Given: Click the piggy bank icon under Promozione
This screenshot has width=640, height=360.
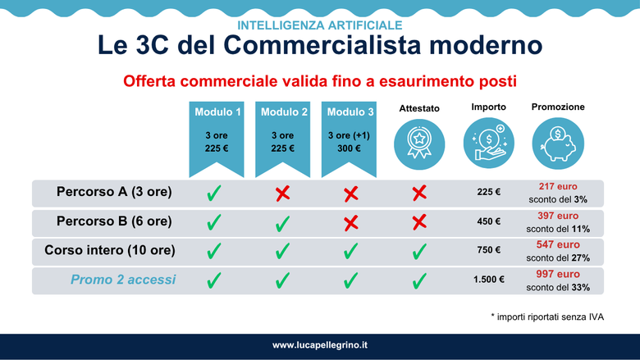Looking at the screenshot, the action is pyautogui.click(x=558, y=144).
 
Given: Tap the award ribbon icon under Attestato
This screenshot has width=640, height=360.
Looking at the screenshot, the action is pyautogui.click(x=419, y=144).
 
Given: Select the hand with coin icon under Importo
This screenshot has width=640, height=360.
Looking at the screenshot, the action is pyautogui.click(x=488, y=144).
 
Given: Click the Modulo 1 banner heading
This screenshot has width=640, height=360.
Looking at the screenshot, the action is pyautogui.click(x=217, y=112).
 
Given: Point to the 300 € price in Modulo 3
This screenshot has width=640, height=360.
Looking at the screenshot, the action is pyautogui.click(x=349, y=148).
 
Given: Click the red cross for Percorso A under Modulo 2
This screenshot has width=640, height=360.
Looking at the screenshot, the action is pyautogui.click(x=282, y=194).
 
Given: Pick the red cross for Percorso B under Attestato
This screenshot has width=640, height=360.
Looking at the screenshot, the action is pyautogui.click(x=419, y=222).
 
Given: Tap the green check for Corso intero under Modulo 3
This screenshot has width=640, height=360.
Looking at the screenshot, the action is pyautogui.click(x=350, y=251).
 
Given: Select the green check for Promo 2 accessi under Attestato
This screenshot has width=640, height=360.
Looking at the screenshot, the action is pyautogui.click(x=419, y=281).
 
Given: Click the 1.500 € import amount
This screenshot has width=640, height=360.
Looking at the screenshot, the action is pyautogui.click(x=488, y=280).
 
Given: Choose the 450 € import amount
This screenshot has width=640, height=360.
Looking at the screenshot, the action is pyautogui.click(x=488, y=221).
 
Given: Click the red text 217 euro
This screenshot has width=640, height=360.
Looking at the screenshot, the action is pyautogui.click(x=558, y=186).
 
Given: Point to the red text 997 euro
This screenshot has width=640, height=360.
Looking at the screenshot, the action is pyautogui.click(x=558, y=274).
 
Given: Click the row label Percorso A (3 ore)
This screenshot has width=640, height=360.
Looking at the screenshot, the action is pyautogui.click(x=114, y=192).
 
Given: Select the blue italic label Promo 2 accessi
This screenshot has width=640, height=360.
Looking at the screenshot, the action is pyautogui.click(x=123, y=280).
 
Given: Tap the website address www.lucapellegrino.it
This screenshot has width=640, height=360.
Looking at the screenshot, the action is pyautogui.click(x=320, y=345).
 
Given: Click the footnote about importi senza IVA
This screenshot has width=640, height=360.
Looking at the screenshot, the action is pyautogui.click(x=547, y=317).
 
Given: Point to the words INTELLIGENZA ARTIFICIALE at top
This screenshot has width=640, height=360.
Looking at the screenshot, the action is pyautogui.click(x=320, y=25).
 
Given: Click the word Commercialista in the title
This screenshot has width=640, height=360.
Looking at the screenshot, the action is pyautogui.click(x=322, y=44).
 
